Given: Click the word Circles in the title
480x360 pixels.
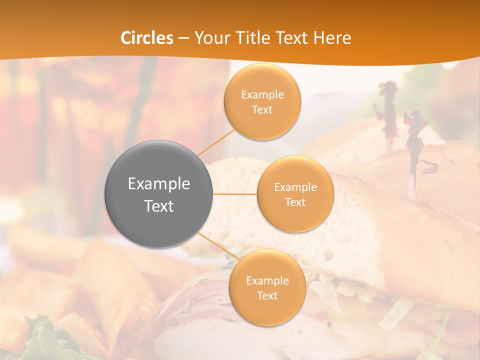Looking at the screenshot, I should [147, 38].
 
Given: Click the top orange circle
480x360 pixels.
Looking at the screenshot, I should [262, 101].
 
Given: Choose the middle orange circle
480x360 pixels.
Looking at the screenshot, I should [295, 194].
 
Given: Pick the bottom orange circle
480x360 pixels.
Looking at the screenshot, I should [267, 287].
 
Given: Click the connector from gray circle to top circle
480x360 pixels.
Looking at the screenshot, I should [216, 141].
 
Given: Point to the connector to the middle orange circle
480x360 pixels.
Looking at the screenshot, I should [235, 194].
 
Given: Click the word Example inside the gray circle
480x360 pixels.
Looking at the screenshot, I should [159, 184].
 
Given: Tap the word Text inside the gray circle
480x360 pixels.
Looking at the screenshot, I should [159, 205].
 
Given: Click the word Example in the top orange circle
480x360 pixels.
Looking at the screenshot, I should [262, 95].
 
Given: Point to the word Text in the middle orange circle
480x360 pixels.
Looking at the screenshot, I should [295, 202].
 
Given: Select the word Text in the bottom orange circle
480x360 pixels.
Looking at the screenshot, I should [267, 295].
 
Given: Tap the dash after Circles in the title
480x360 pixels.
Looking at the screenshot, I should [183, 38].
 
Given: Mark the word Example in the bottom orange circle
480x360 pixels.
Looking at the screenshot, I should [267, 280].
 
